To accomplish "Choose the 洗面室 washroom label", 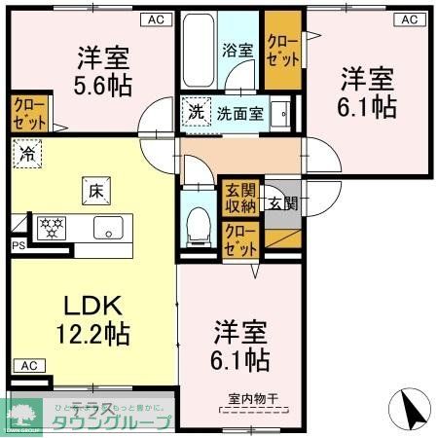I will coord(239,112).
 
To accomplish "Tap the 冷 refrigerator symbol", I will coord(27,153).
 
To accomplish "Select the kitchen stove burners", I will coord(50,229).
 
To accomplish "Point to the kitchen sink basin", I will coord(105,229).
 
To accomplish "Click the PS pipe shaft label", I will coord(17,247).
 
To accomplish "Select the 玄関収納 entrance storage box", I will coord(239,197).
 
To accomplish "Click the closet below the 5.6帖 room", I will coord(28,113).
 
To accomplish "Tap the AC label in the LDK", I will coord(28,366).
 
